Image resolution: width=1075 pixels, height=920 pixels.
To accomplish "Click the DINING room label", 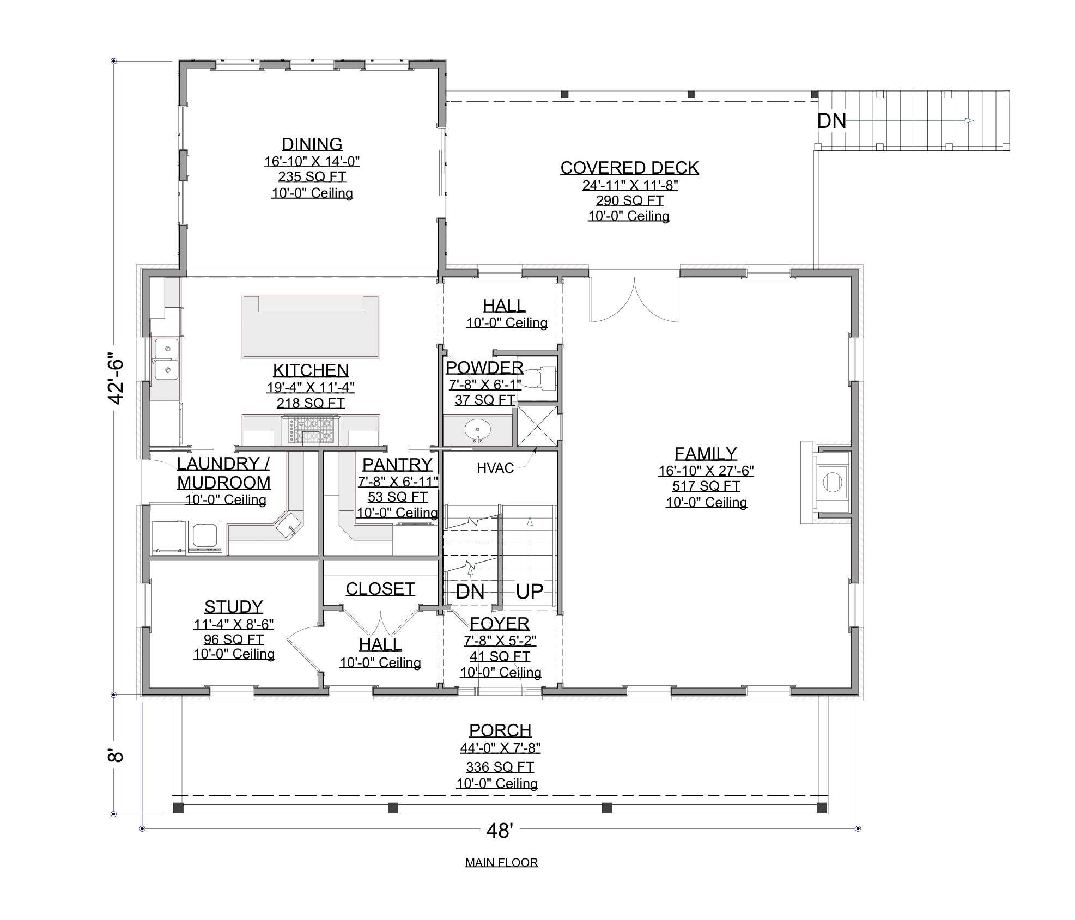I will click(x=312, y=144).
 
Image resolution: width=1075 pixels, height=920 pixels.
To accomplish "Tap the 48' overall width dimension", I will click(x=499, y=831).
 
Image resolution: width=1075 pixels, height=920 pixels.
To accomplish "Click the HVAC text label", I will click(x=495, y=468).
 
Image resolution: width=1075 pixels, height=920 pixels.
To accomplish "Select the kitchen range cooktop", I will click(x=311, y=429).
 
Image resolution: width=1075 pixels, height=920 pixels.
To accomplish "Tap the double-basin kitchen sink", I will click(x=166, y=359).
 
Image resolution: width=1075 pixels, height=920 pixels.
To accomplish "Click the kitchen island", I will click(x=311, y=326).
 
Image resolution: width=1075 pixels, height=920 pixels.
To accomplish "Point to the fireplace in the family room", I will click(x=831, y=482).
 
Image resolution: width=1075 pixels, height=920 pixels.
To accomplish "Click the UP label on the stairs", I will click(x=529, y=591).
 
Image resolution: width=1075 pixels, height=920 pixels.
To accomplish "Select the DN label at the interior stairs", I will click(x=470, y=592).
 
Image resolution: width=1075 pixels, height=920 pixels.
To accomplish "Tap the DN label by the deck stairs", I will click(x=831, y=121).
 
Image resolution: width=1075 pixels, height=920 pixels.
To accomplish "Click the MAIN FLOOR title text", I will click(x=501, y=862).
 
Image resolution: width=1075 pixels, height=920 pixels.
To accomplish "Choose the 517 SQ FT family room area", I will click(x=706, y=486).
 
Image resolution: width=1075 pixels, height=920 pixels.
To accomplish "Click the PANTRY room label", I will click(x=397, y=464).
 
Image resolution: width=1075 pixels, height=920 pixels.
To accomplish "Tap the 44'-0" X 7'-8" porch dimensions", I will click(x=500, y=748).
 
